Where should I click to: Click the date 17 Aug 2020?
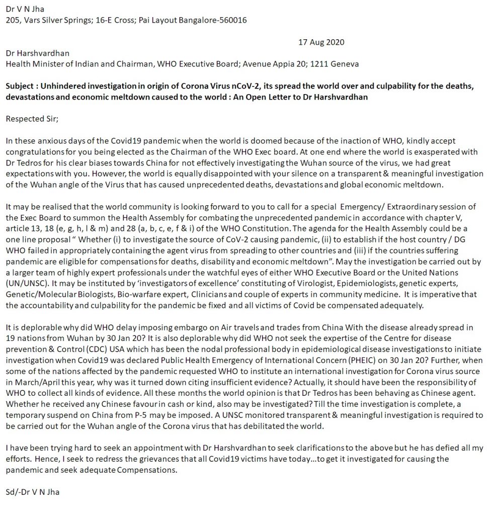(x=321, y=42)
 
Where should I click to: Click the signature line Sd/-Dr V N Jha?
(x=32, y=492)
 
